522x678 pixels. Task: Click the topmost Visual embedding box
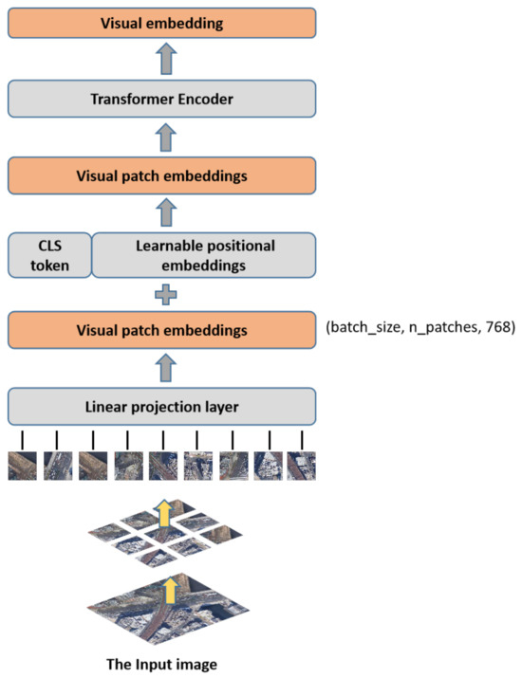(x=161, y=22)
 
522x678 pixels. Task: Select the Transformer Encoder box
(x=161, y=98)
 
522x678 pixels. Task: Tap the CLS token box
(x=49, y=255)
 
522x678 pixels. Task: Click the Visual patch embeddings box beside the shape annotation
(x=161, y=331)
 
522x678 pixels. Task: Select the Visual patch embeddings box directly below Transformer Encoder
(x=161, y=175)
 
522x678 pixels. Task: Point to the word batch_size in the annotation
(x=369, y=329)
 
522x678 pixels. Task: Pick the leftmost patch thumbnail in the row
(x=23, y=466)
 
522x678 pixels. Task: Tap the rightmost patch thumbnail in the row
(x=301, y=466)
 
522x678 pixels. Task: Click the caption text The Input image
(x=162, y=662)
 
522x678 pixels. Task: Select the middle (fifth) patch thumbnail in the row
(x=162, y=466)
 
